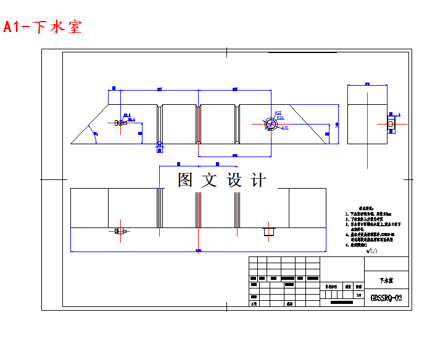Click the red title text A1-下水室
click(x=43, y=27)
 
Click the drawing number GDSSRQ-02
click(x=386, y=298)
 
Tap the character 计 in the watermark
click(x=259, y=180)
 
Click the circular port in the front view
click(x=271, y=123)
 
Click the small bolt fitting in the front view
click(x=118, y=123)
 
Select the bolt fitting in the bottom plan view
click(x=120, y=232)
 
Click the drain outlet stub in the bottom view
click(x=268, y=232)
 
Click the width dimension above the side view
click(x=367, y=83)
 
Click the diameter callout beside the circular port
click(x=279, y=113)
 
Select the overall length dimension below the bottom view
click(x=197, y=250)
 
